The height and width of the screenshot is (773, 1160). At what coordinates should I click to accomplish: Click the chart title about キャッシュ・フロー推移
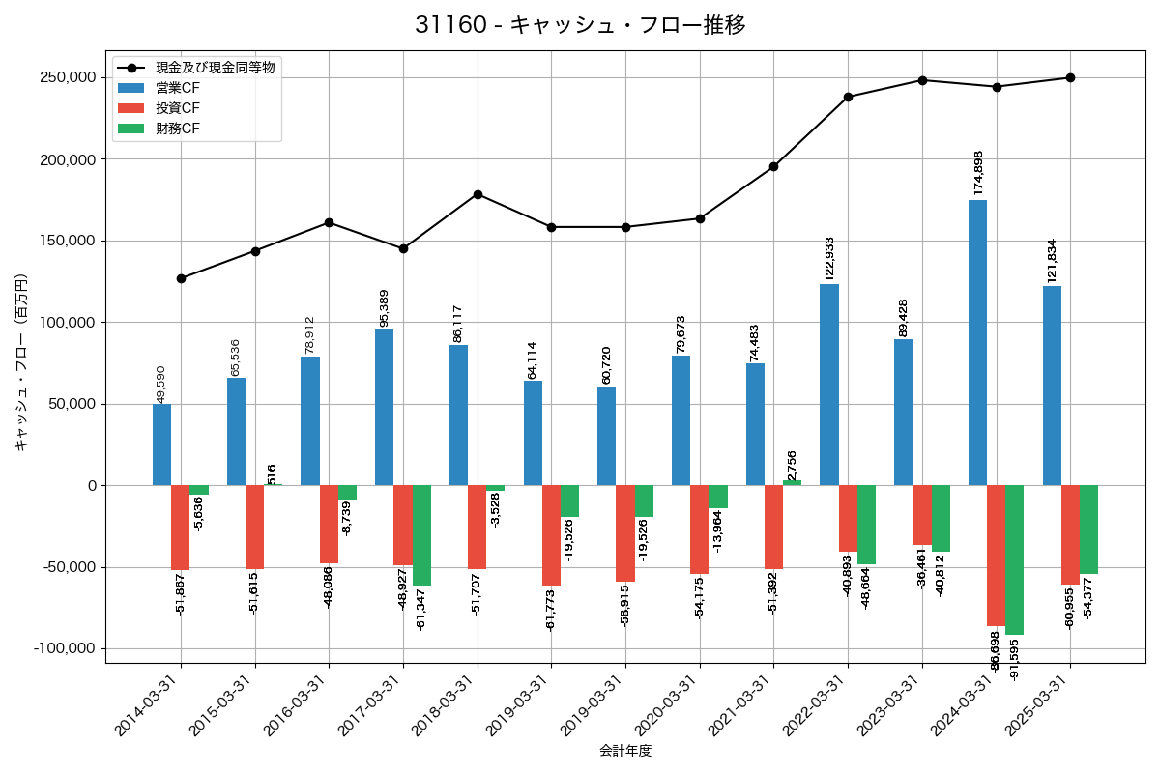click(x=580, y=25)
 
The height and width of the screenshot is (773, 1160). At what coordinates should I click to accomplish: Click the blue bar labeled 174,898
click(x=977, y=342)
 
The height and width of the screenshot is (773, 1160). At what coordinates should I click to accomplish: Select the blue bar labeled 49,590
click(x=161, y=444)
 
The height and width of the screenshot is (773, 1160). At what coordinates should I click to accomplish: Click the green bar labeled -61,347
click(x=421, y=534)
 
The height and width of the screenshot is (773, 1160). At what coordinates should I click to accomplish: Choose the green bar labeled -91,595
click(x=1014, y=559)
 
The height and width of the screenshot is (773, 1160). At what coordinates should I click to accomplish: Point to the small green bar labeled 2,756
click(x=792, y=482)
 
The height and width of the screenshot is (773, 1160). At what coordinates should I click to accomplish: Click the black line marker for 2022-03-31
click(x=848, y=97)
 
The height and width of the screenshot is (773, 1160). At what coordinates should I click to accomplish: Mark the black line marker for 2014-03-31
click(x=181, y=278)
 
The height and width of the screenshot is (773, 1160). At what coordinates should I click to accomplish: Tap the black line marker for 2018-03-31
click(x=478, y=194)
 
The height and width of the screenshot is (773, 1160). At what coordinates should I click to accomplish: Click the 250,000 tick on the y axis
click(x=68, y=77)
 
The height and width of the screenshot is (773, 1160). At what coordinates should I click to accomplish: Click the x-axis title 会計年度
click(x=625, y=751)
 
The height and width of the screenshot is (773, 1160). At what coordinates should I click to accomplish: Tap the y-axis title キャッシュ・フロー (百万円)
click(x=21, y=362)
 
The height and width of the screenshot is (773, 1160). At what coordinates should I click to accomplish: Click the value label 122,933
click(x=829, y=258)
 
